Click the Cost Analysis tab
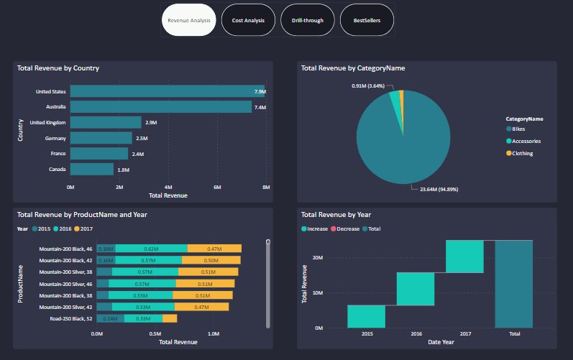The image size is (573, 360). pyautogui.click(x=248, y=21)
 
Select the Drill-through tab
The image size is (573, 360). pyautogui.click(x=307, y=21)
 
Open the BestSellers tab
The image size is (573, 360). pyautogui.click(x=367, y=21)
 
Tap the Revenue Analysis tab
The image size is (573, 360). pyautogui.click(x=189, y=21)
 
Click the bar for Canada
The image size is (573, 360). pyautogui.click(x=92, y=170)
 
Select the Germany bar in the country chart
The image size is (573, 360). pyautogui.click(x=101, y=138)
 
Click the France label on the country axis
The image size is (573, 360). pyautogui.click(x=58, y=154)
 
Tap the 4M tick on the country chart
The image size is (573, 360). pyautogui.click(x=168, y=188)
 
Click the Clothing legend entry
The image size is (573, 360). pyautogui.click(x=522, y=153)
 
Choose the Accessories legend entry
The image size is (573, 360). pyautogui.click(x=526, y=142)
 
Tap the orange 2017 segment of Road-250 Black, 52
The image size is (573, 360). pyautogui.click(x=170, y=318)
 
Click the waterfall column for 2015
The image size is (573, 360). pyautogui.click(x=366, y=316)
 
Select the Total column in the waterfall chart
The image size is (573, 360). pyautogui.click(x=513, y=284)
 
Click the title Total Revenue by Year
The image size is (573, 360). pyautogui.click(x=336, y=214)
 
